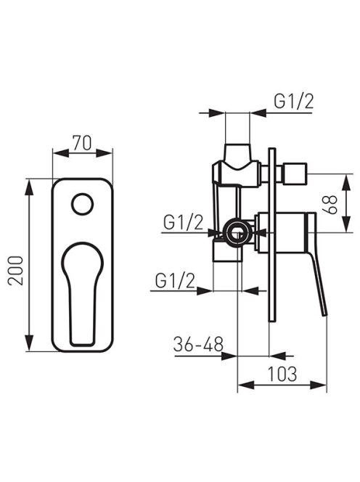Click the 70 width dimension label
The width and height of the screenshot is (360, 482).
82,143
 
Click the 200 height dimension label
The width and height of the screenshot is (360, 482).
16,271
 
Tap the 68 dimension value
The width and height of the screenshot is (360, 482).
330,205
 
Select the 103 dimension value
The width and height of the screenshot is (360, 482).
282,374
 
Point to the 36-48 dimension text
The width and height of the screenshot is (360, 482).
198,344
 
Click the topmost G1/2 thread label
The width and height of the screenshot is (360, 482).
294,102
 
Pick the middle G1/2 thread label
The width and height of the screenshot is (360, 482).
183,222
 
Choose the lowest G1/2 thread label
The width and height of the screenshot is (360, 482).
175,280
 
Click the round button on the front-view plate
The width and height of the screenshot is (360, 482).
83,205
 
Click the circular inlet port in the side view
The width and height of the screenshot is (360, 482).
237,232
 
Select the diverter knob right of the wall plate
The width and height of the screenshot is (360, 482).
295,173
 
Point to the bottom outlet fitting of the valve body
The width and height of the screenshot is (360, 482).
227,252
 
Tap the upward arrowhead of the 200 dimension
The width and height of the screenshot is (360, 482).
28,187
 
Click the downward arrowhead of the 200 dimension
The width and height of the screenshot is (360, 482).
28,343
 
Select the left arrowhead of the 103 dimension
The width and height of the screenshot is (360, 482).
246,385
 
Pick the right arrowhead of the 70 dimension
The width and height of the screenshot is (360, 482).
105,153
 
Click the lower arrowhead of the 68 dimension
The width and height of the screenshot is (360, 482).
346,224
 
